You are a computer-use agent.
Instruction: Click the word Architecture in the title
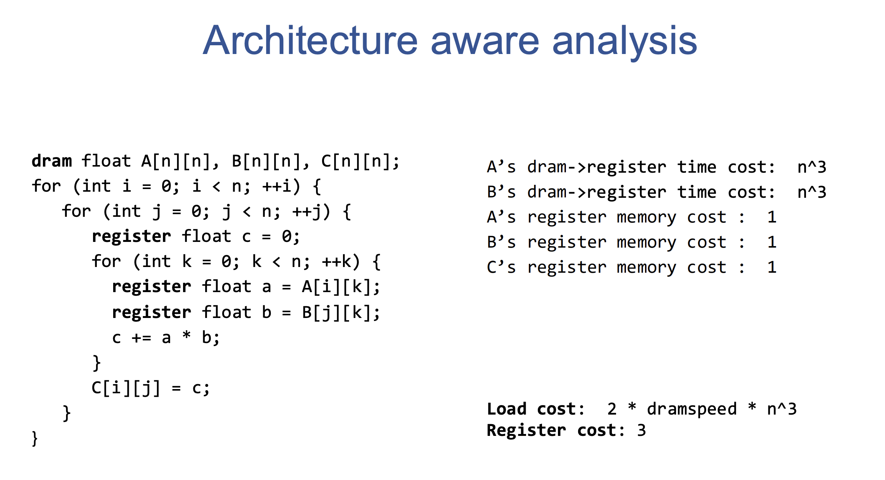[x=310, y=41]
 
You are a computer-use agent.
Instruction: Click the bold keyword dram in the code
[x=52, y=161]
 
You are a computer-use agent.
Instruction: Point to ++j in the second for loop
[x=306, y=211]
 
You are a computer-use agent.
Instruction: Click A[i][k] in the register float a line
[x=336, y=287]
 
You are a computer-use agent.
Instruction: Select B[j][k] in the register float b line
[x=336, y=312]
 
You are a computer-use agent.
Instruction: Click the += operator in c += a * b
[x=141, y=338]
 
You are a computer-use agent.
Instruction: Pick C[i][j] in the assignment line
[x=126, y=388]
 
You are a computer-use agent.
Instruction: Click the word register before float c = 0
[x=131, y=237]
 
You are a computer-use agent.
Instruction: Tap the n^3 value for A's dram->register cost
[x=812, y=167]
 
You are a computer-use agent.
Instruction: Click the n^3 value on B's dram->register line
[x=812, y=192]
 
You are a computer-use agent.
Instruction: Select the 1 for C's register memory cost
[x=772, y=267]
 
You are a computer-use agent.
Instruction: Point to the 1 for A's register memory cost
[x=772, y=217]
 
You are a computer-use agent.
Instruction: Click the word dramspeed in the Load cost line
[x=692, y=409]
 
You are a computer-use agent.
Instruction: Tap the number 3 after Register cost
[x=642, y=431]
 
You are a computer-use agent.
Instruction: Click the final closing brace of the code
[x=35, y=439]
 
